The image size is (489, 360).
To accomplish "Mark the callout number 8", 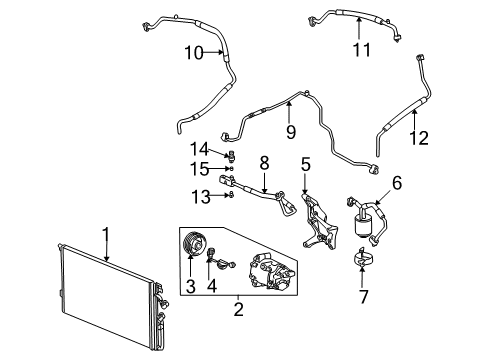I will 265,162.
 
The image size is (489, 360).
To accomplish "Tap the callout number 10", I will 193,52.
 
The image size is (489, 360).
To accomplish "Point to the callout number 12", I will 419,139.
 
